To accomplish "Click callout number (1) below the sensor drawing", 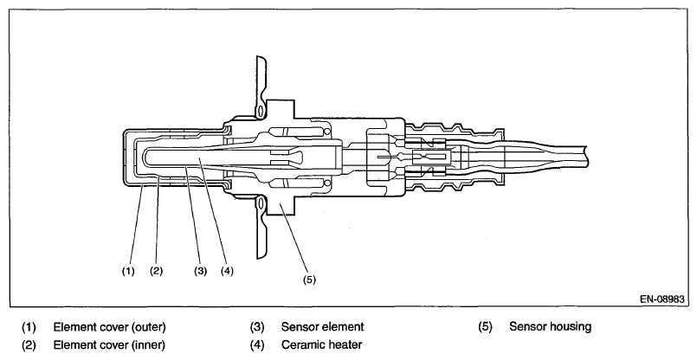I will coord(128,270).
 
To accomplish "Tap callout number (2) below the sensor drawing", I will coord(156,270).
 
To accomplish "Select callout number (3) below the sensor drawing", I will coord(200,270).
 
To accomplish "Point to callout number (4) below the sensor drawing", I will coord(227,270).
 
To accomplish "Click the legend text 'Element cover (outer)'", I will coord(109,327).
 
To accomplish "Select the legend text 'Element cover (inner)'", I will coord(108,344).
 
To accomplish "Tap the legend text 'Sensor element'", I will coord(322,327).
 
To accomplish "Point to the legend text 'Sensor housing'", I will coord(551,327).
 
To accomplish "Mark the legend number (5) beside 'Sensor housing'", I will coord(485,327).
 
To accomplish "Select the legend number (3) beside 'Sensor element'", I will coord(257,327).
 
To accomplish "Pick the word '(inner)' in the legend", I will coord(146,344).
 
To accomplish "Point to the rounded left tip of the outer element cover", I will coord(121,157).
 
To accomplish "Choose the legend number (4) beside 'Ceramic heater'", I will coord(257,344).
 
